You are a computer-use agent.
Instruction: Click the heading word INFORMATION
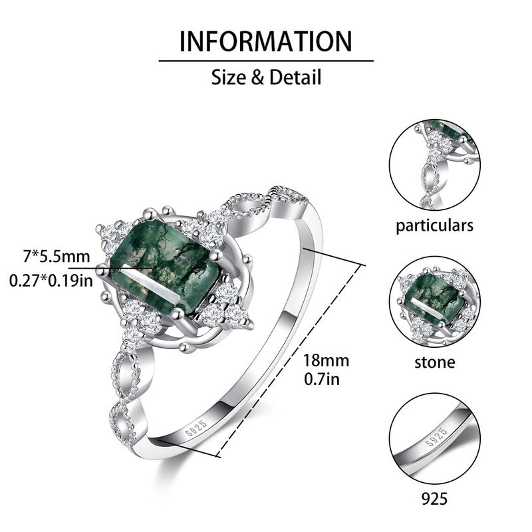tap(266, 41)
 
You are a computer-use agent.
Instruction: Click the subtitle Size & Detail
tap(266, 77)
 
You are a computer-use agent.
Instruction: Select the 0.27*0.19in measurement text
tap(51, 281)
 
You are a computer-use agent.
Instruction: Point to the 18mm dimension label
tap(326, 360)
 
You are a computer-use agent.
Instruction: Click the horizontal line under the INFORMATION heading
tap(266, 61)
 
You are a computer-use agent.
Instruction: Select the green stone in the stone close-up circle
tap(434, 294)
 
